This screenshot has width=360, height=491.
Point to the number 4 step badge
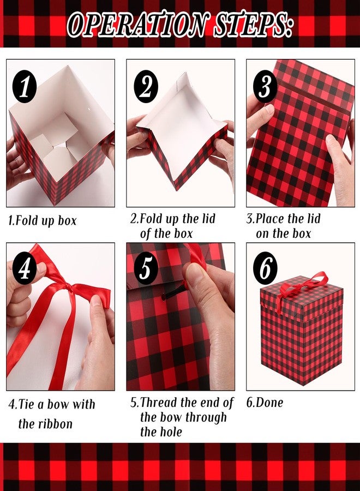coord(25,268)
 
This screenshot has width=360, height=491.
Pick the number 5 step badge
coord(146,268)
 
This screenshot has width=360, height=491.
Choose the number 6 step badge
coord(265,268)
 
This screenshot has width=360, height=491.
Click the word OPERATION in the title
coord(137,25)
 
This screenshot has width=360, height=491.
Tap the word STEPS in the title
coord(252,25)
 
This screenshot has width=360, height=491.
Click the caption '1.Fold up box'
coord(42,221)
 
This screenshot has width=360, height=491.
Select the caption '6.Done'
coord(265,403)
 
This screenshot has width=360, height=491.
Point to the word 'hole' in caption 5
coord(170,432)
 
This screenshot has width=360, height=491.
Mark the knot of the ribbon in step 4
coord(67,286)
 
